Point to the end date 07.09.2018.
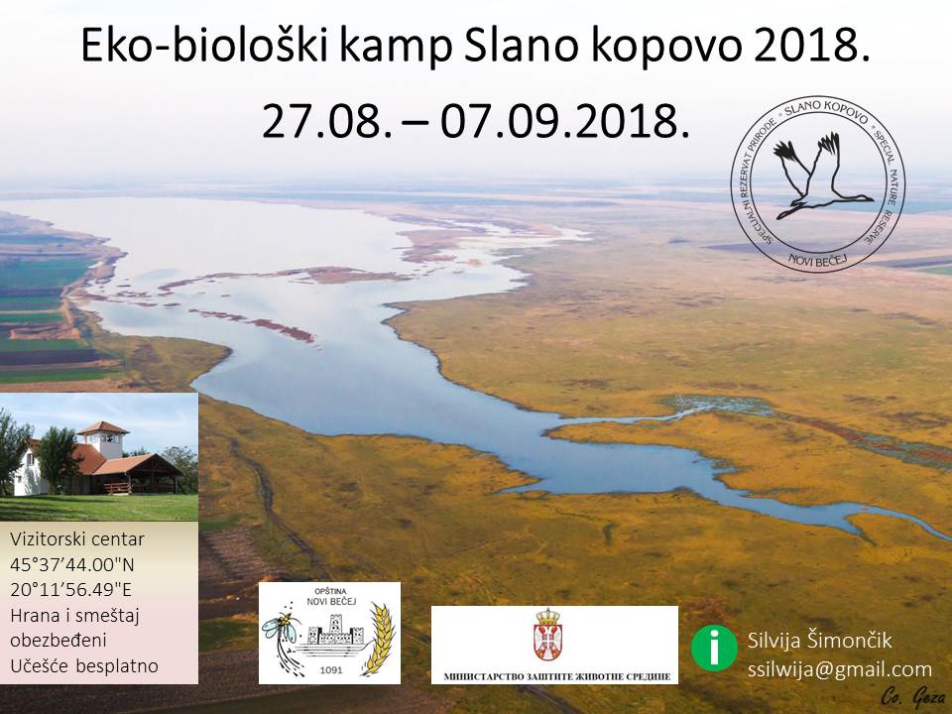coord(564,121)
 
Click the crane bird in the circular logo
coord(816,177)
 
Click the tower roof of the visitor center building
coord(103,428)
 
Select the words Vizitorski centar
coord(77,539)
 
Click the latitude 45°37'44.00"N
coord(71,564)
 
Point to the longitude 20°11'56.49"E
coord(70,589)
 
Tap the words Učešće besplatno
coord(83,666)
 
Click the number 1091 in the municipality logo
coord(331,670)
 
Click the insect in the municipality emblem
coord(281,629)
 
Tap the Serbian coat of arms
coord(547,635)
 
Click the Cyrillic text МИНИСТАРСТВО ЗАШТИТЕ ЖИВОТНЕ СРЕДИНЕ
coord(556,676)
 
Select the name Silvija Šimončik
coord(819,641)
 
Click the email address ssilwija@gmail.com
coord(839,669)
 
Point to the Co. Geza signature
coord(912,696)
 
